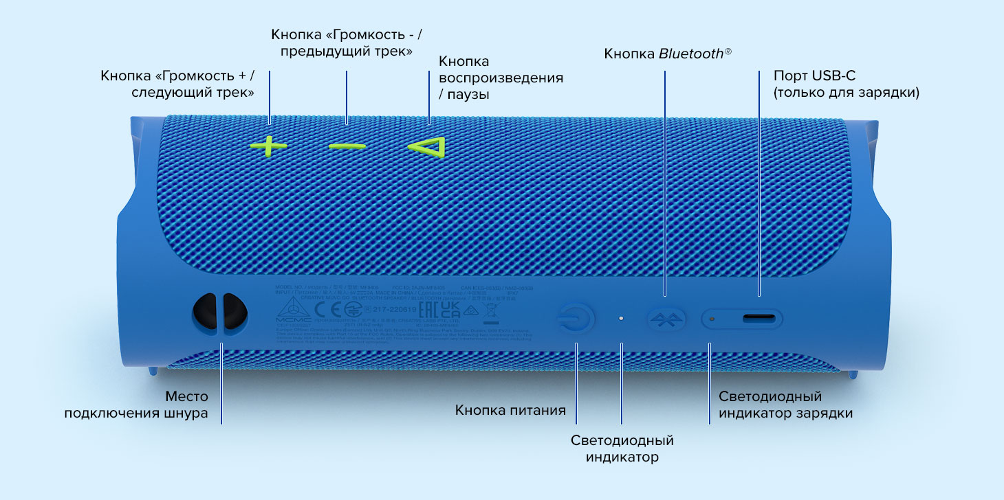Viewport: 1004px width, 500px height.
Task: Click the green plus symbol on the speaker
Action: click(269, 146)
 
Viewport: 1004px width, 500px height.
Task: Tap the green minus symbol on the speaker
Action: click(347, 147)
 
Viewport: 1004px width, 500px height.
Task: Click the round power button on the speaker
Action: click(576, 319)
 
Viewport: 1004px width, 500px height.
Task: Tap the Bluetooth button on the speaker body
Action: click(666, 319)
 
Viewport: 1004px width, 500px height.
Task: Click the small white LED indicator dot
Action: click(621, 319)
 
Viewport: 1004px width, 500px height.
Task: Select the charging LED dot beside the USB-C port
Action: click(712, 319)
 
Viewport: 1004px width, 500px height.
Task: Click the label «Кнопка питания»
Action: click(510, 411)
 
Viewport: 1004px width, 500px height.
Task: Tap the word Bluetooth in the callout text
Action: click(690, 54)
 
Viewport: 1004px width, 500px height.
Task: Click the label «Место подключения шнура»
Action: click(136, 405)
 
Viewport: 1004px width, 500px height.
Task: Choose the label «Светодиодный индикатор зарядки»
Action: click(785, 405)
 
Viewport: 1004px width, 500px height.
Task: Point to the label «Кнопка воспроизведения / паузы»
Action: click(501, 78)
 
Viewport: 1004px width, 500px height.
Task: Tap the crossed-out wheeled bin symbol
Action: click(490, 312)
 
